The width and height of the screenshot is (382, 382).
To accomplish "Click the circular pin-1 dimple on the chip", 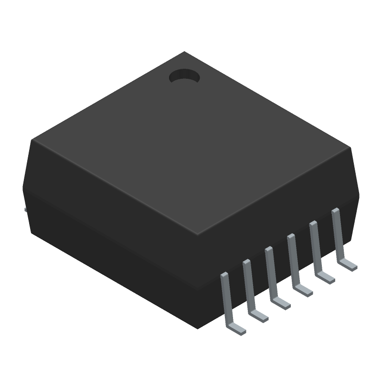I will point(184,76).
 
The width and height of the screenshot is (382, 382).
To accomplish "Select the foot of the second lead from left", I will point(260,316).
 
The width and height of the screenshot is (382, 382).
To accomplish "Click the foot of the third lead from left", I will point(282,303).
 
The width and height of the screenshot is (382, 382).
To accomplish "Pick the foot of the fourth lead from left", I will point(304,290).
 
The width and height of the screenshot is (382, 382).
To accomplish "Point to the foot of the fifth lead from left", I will point(327,277).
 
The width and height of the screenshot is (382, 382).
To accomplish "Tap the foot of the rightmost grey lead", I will point(349,265).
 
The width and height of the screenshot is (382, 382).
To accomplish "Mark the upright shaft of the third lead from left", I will point(271,272).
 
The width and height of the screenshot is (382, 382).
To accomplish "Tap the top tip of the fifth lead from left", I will point(313,223).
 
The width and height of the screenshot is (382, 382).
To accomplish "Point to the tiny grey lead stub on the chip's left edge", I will point(24,209).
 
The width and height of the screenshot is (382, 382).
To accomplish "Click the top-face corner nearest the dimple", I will point(184,53).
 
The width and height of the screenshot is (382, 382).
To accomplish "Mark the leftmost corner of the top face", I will point(32,140).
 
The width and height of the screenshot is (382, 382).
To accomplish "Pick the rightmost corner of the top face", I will point(351,148).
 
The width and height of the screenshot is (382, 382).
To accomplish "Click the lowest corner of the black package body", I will point(198,329).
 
